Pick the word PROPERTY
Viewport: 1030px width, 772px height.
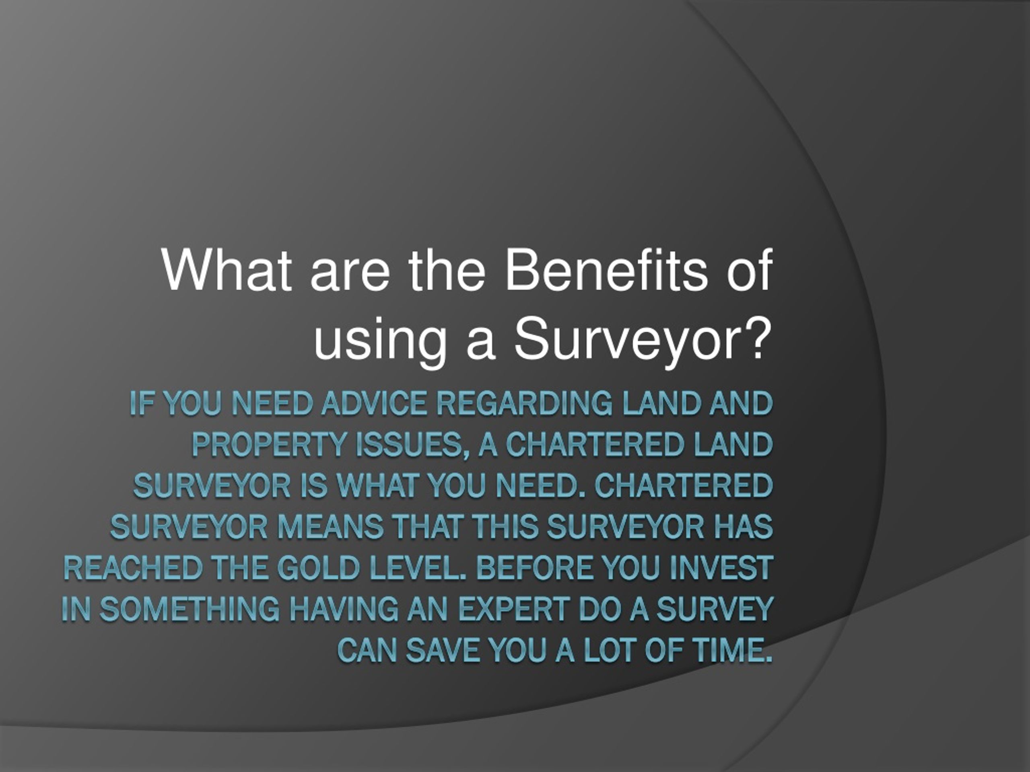269,444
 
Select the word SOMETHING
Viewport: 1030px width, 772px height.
190,610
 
